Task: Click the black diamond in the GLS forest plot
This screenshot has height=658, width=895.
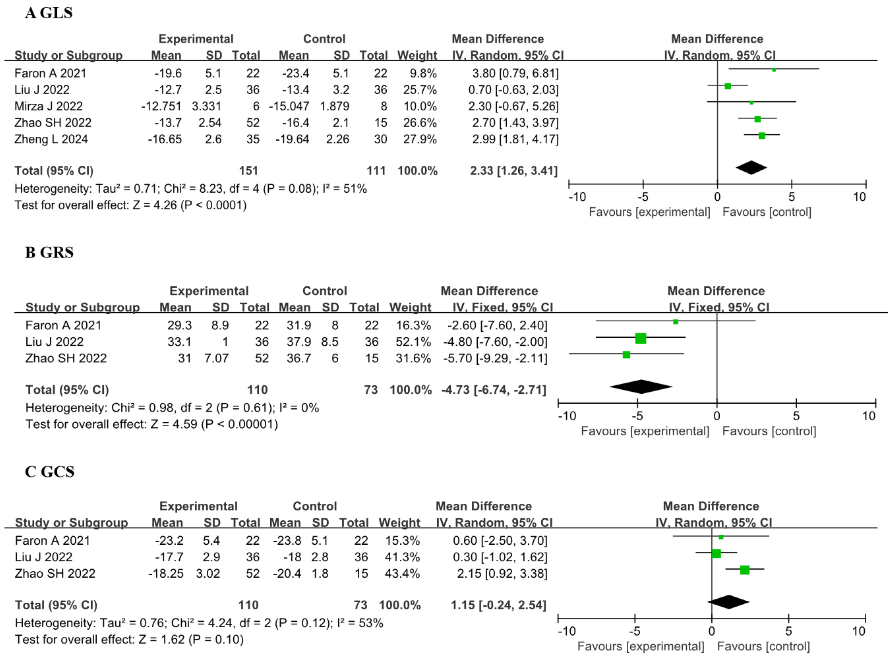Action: (x=751, y=168)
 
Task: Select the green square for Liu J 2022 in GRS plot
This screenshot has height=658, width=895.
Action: (x=641, y=338)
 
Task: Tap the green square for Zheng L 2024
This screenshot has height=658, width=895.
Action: (x=761, y=136)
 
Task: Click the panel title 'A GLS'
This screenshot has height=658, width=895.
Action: (x=48, y=13)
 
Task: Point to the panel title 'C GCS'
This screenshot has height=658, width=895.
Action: (x=49, y=472)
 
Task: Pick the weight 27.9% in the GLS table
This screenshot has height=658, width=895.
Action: (x=420, y=139)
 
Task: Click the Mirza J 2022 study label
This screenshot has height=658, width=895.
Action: (x=48, y=106)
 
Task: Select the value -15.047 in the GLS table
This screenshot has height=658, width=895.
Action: (x=289, y=106)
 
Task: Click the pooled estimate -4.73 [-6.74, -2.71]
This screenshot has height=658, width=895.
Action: (x=493, y=390)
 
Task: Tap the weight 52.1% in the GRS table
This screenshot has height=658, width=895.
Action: (x=413, y=342)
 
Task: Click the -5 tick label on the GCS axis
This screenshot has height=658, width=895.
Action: (x=635, y=631)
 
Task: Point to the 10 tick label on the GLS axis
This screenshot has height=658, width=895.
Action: (x=859, y=197)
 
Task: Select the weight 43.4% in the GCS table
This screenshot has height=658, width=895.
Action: (x=402, y=574)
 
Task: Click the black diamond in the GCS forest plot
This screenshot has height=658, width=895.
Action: (x=729, y=602)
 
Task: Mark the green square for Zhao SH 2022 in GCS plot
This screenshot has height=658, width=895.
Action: (x=744, y=570)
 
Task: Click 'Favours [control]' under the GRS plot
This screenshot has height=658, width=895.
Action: (x=769, y=431)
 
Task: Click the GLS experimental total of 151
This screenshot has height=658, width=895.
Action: (x=249, y=171)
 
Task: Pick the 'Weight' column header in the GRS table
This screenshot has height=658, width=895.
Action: (x=410, y=307)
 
